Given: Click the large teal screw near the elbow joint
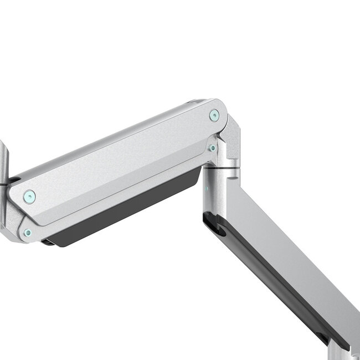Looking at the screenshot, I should click(x=214, y=115).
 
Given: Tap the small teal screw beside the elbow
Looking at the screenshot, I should click(x=212, y=148).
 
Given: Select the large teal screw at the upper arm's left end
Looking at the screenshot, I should click(x=29, y=196).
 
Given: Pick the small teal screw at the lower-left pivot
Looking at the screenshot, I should click(x=27, y=233).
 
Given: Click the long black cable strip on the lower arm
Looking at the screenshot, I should click(x=277, y=277).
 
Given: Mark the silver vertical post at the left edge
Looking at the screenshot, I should click(x=4, y=161).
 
